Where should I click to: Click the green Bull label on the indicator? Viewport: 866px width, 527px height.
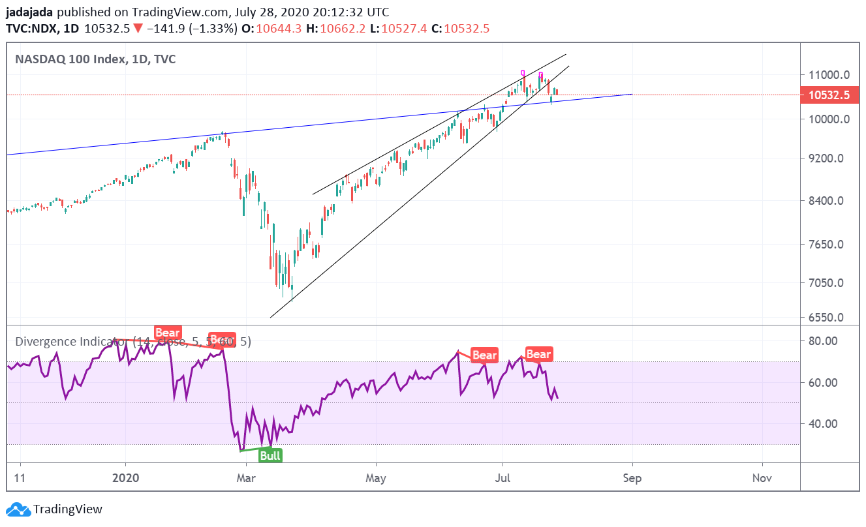tap(270, 455)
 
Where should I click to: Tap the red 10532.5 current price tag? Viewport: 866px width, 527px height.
tap(829, 95)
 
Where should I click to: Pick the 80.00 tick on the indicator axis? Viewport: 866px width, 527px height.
tap(822, 340)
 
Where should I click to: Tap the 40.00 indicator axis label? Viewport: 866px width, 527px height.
tap(822, 424)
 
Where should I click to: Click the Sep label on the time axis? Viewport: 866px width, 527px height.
tap(632, 478)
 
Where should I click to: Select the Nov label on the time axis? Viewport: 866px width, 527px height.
tap(762, 478)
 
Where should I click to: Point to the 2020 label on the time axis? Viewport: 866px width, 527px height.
tap(126, 478)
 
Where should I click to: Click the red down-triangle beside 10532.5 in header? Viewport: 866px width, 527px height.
tap(138, 29)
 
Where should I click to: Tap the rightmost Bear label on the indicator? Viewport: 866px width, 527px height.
tap(538, 354)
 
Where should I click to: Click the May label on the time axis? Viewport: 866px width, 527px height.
tap(377, 478)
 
